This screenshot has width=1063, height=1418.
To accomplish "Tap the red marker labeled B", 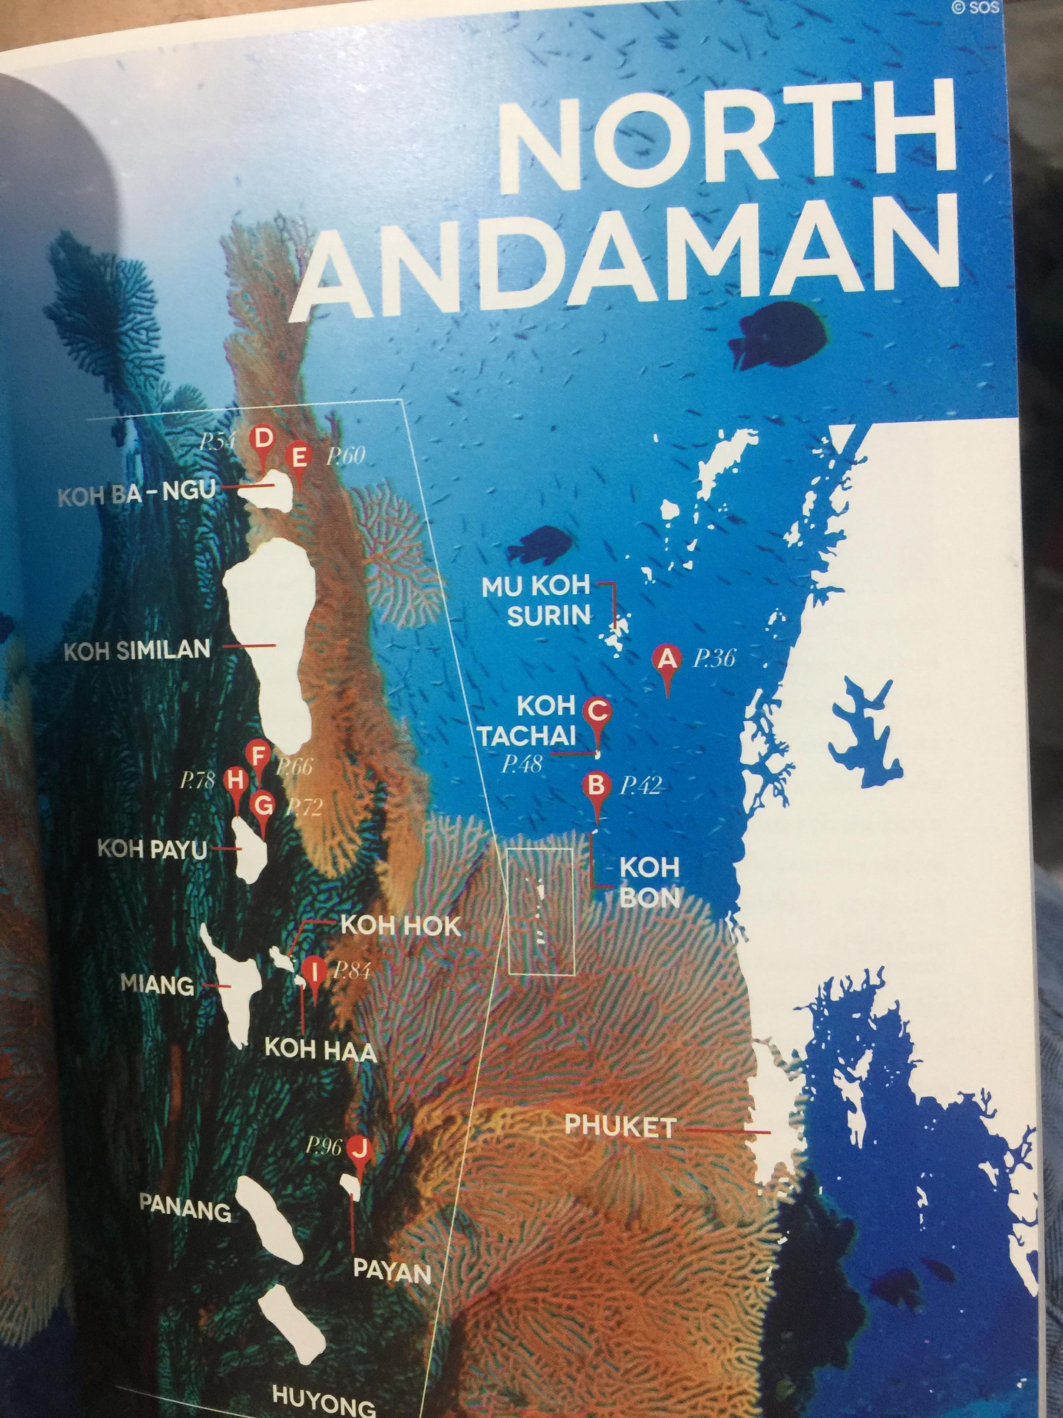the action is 596,785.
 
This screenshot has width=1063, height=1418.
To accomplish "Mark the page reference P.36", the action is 714,659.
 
